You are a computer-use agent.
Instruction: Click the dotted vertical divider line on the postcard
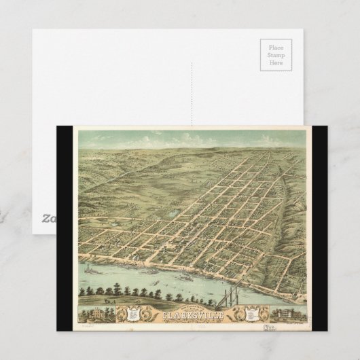(x=192, y=82)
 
